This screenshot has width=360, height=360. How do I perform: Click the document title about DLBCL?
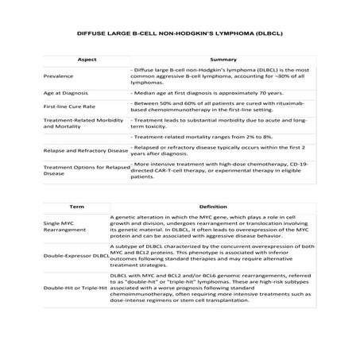pos(180,36)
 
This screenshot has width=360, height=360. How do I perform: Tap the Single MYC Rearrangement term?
pos(64,227)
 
